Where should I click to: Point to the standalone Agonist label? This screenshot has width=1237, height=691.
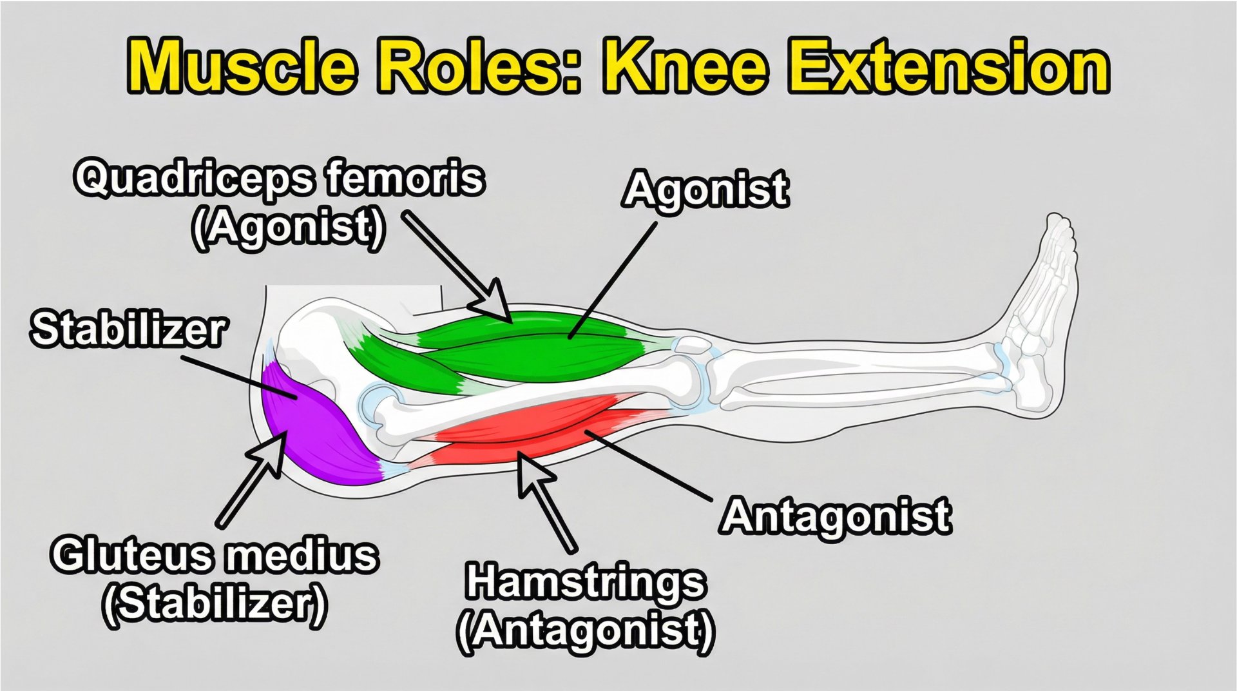(705, 190)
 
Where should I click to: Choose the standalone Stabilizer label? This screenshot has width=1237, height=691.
(128, 329)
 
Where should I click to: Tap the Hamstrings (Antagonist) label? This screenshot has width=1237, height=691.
(586, 607)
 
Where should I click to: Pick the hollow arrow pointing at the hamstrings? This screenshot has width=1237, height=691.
(545, 501)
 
